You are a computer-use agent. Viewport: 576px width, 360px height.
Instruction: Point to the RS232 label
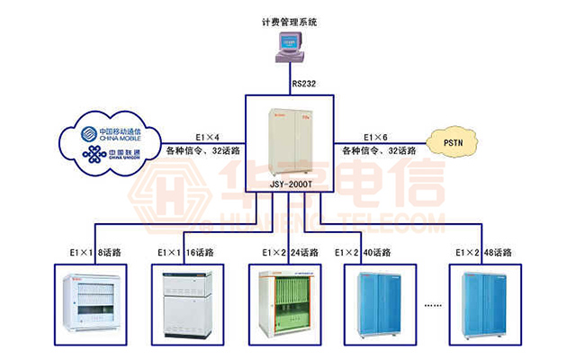303,85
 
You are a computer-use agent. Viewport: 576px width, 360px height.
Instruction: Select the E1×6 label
376,137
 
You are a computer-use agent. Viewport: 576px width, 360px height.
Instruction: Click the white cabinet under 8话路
94,307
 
